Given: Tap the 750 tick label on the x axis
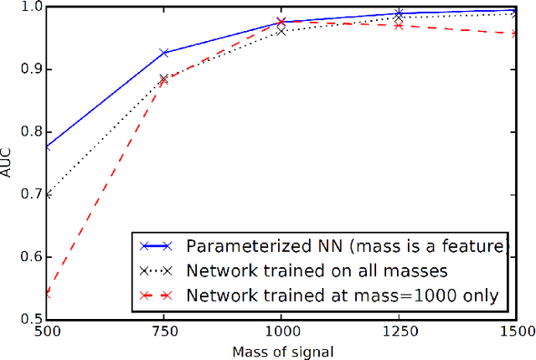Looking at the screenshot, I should point(164,331).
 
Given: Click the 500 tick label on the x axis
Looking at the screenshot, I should point(47,331).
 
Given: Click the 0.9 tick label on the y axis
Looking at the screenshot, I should point(31,69).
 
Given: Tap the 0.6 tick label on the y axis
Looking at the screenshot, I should point(31,256).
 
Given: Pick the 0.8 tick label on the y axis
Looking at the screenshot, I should point(31,131).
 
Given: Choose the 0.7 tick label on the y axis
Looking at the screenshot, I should point(31,194).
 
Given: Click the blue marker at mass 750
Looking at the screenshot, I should point(164,53).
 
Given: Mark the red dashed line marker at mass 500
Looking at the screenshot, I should point(48,294).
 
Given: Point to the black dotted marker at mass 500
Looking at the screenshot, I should point(48,194).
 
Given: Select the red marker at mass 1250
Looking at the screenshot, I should point(399,25).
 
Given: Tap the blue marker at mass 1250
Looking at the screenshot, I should point(399,13).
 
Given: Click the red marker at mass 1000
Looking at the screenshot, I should point(281,21).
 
